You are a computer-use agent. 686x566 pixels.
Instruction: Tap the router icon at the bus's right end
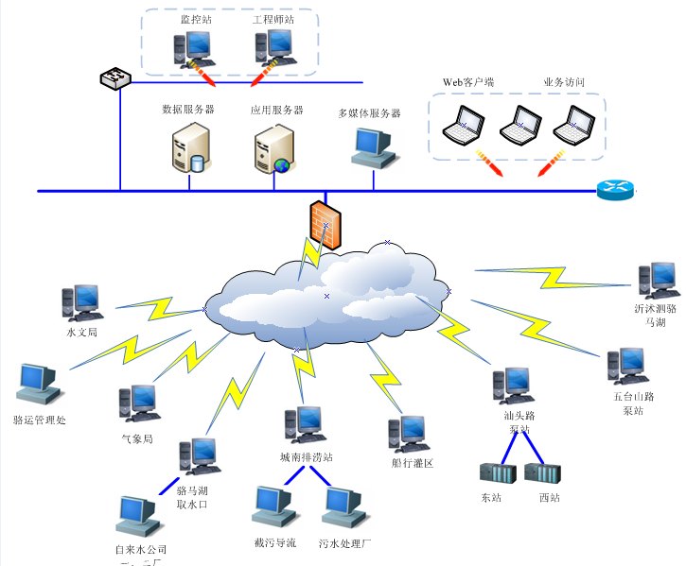pos(616,189)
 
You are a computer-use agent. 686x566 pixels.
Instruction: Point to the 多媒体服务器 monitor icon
pos(371,146)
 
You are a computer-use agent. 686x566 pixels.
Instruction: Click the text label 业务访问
pos(564,82)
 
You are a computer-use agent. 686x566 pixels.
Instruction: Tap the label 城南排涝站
pos(306,457)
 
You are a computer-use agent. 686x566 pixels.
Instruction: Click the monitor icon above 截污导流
pos(273,506)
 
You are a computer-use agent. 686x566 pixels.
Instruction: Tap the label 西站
pos(549,497)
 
